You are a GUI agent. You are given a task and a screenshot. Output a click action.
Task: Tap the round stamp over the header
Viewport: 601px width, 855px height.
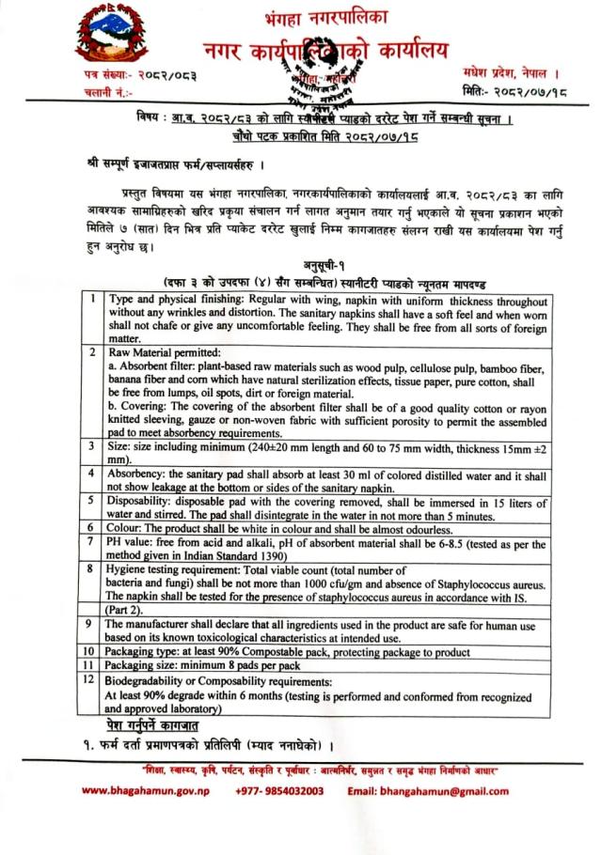click(x=310, y=79)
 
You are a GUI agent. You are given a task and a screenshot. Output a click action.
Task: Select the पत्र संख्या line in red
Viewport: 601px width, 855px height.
click(x=118, y=74)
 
